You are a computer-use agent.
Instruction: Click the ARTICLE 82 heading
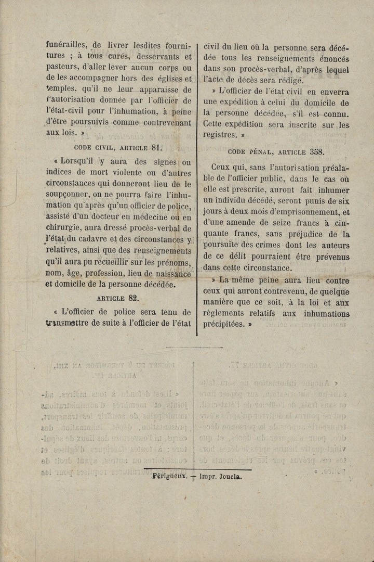click(x=118, y=298)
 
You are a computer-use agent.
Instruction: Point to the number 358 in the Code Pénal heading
click(x=316, y=152)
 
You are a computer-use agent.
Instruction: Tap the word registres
click(x=219, y=135)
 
